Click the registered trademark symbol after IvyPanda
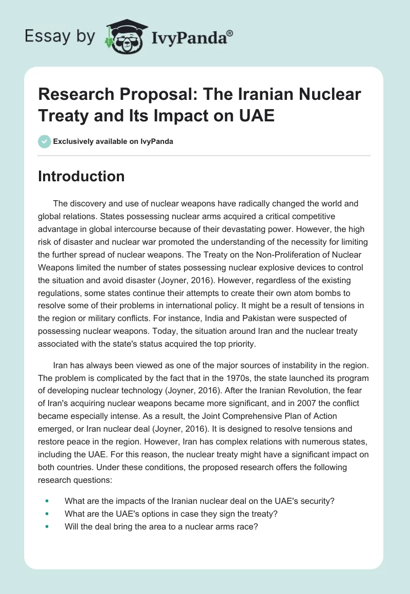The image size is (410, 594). (230, 33)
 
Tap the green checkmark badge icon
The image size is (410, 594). (45, 141)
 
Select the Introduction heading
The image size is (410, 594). (81, 177)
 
